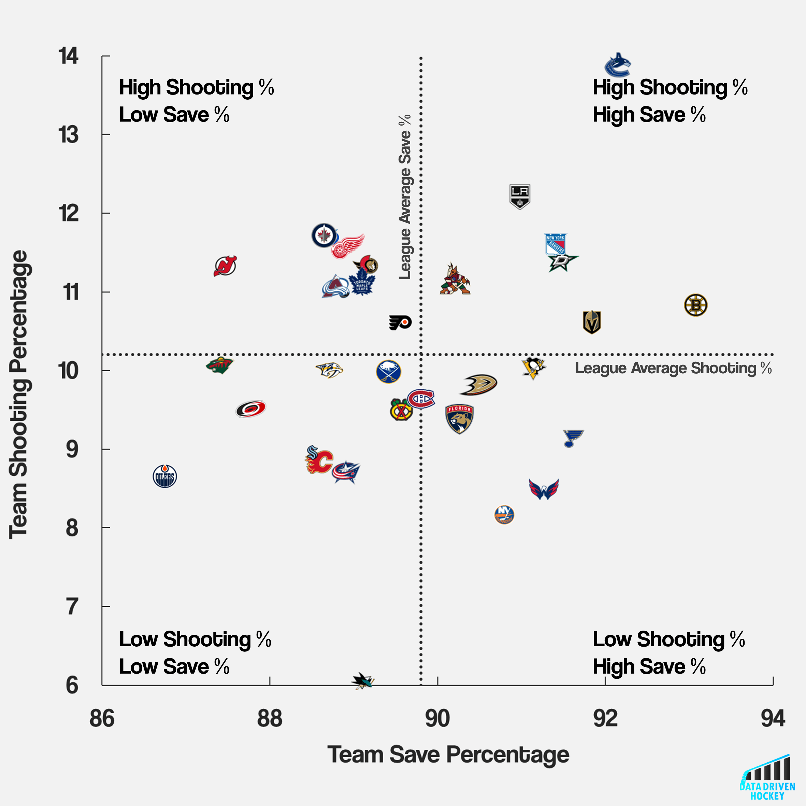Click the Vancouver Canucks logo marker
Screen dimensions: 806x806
tap(617, 65)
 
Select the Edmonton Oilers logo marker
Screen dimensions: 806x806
tap(165, 476)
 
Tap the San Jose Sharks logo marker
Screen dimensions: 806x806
tap(362, 681)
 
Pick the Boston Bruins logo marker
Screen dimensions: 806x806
tap(695, 305)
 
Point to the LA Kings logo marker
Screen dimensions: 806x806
tap(519, 197)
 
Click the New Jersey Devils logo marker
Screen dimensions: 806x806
tap(225, 266)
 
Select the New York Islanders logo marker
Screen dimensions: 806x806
tap(504, 515)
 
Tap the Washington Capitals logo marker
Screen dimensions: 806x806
tap(544, 489)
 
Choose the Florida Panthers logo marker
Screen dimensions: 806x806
tap(459, 418)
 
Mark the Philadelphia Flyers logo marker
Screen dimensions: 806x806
tap(400, 322)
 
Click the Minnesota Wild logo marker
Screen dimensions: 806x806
tap(219, 365)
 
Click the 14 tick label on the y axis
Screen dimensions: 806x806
tap(69, 56)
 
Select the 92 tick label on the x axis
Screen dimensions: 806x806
tap(605, 718)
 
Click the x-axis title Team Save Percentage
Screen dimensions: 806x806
tap(448, 755)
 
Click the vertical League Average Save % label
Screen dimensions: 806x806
tap(405, 197)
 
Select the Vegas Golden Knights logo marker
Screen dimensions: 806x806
tap(592, 322)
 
